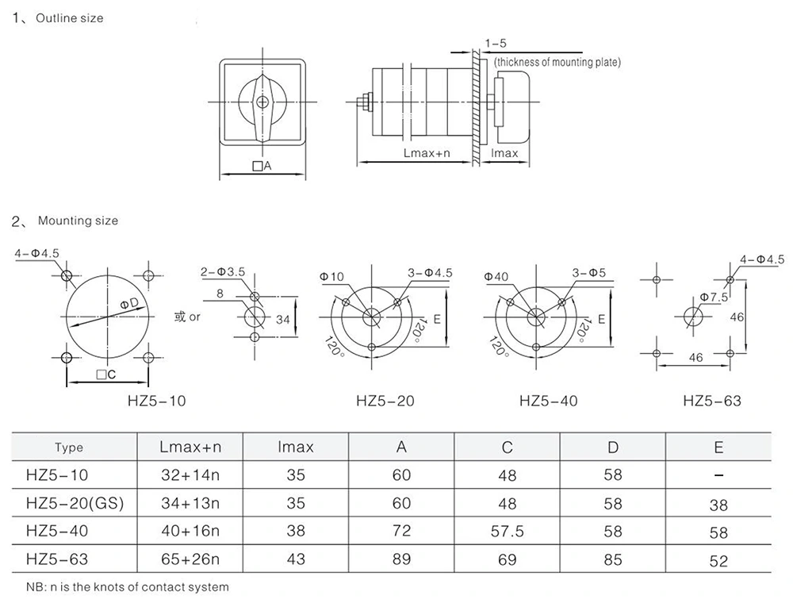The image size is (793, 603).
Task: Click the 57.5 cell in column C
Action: coord(508,532)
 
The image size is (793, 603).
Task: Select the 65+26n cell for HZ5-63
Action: coord(190,559)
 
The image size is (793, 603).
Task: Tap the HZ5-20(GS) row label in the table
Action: coord(75,503)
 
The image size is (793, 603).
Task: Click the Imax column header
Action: coord(296,447)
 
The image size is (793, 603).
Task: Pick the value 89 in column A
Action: coord(402,559)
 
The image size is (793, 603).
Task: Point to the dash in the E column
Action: coord(718,475)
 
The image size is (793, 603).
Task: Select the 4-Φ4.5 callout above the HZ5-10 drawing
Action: coord(36,254)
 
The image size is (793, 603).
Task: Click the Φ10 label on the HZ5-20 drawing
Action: coord(332,275)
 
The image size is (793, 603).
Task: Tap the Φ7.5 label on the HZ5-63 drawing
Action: coord(714,298)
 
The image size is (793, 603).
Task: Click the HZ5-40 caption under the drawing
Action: coord(549,401)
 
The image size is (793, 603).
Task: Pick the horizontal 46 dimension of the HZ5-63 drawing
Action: coord(695,358)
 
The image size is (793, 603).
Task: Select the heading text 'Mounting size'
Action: coord(78,221)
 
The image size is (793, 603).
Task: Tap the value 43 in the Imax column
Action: coord(296,559)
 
